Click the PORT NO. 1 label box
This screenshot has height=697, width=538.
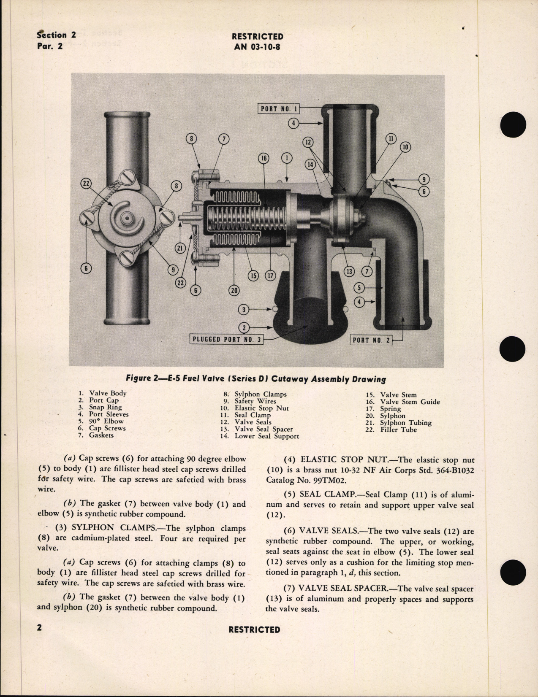279,109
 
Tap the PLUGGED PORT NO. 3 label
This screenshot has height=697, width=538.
226,339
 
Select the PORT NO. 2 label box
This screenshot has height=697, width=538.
371,340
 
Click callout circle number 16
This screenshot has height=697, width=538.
264,158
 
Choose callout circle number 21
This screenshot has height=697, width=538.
180,249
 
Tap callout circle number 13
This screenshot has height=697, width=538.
349,272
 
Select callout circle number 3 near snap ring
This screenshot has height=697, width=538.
244,310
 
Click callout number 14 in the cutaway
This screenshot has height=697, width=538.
310,165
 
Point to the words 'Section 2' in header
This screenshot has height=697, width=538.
56,35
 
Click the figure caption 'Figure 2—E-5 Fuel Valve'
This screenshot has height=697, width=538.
256,378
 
